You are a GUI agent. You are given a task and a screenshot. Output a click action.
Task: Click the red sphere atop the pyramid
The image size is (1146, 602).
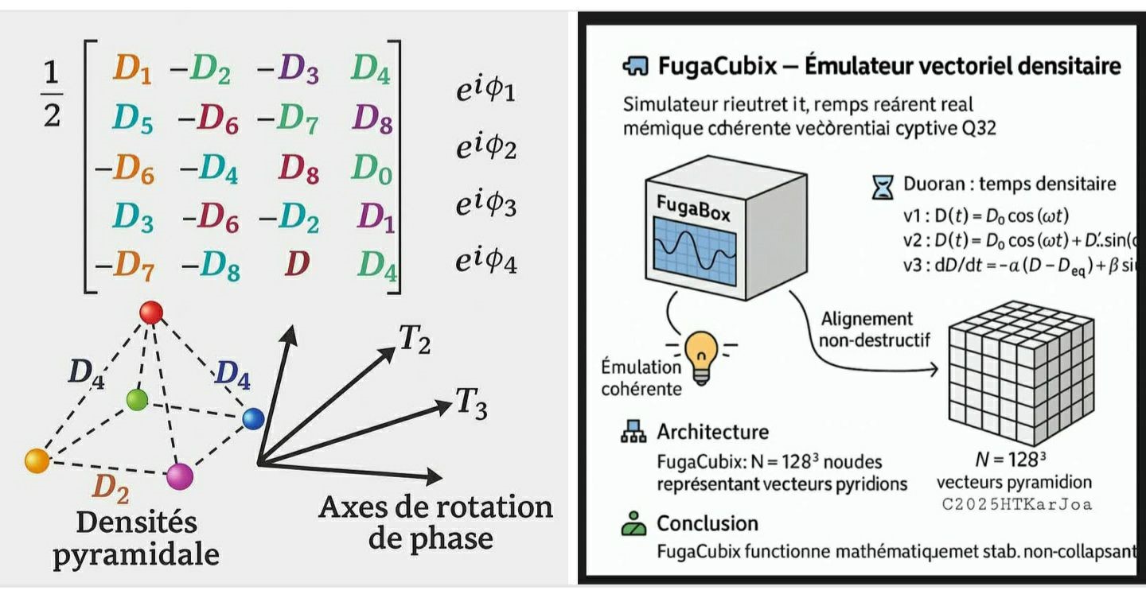[x=150, y=313]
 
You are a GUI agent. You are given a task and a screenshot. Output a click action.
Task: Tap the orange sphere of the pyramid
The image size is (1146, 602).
[x=37, y=460]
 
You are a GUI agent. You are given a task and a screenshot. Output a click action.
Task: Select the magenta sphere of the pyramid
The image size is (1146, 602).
[x=180, y=476]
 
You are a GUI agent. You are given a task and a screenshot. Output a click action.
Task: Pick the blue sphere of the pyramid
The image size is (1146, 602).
[x=253, y=418]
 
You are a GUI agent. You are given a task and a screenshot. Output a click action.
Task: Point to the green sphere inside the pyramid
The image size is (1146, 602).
[x=138, y=399]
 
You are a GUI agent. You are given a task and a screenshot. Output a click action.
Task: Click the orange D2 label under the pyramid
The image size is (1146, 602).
[x=111, y=488]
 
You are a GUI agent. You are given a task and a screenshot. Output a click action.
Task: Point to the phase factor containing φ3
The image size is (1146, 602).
[x=485, y=205]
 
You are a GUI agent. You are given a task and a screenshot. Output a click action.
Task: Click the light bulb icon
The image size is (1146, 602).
[x=701, y=355]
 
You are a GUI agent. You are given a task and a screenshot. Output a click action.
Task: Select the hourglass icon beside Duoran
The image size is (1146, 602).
[x=883, y=187]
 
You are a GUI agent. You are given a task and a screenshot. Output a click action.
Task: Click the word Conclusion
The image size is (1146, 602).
[x=707, y=523]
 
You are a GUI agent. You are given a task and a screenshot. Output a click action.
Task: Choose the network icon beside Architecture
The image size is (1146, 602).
[x=633, y=433]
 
